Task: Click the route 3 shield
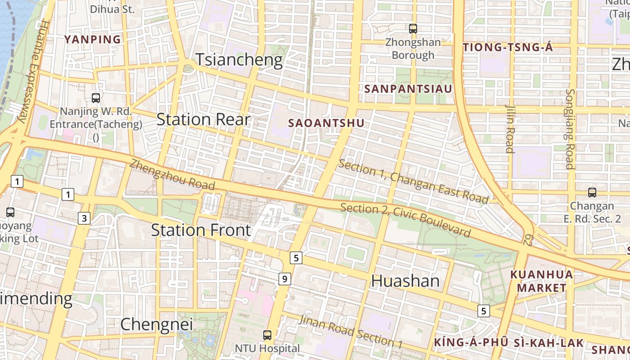[84, 219]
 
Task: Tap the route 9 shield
[284, 279]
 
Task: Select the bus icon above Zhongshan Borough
[413, 29]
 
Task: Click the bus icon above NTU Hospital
[267, 335]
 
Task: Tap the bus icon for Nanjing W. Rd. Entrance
[95, 98]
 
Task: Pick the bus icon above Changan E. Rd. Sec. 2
[592, 193]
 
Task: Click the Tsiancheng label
[239, 60]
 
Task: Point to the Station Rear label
[203, 119]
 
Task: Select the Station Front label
[201, 230]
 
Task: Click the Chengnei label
[157, 324]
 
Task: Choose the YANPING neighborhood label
[93, 40]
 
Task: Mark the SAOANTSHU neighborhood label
[326, 123]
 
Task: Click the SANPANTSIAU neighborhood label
[408, 89]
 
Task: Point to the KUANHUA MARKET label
[541, 281]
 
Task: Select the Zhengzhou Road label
[172, 175]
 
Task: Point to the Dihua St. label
[112, 9]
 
